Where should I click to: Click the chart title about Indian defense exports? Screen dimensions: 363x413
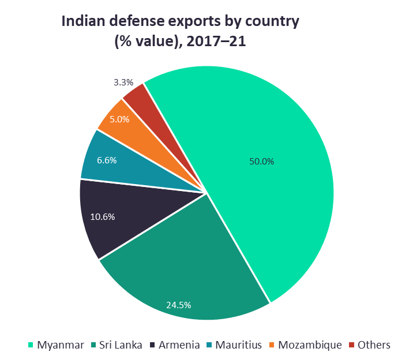click(181, 32)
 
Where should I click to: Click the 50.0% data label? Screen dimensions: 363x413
click(261, 162)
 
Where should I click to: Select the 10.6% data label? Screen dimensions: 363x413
click(103, 217)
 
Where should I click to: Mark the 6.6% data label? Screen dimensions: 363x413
click(107, 160)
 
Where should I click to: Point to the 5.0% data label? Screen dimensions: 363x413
click(120, 119)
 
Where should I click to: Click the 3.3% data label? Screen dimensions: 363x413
click(123, 83)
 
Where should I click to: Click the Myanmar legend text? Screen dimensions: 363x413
click(61, 345)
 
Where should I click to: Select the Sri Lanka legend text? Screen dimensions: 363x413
click(121, 345)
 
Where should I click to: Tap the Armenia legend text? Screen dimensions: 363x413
click(179, 345)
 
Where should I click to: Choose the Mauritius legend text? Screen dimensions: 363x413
click(238, 345)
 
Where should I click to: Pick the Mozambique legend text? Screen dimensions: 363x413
click(310, 345)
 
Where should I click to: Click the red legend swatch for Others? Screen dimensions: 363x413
click(352, 345)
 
